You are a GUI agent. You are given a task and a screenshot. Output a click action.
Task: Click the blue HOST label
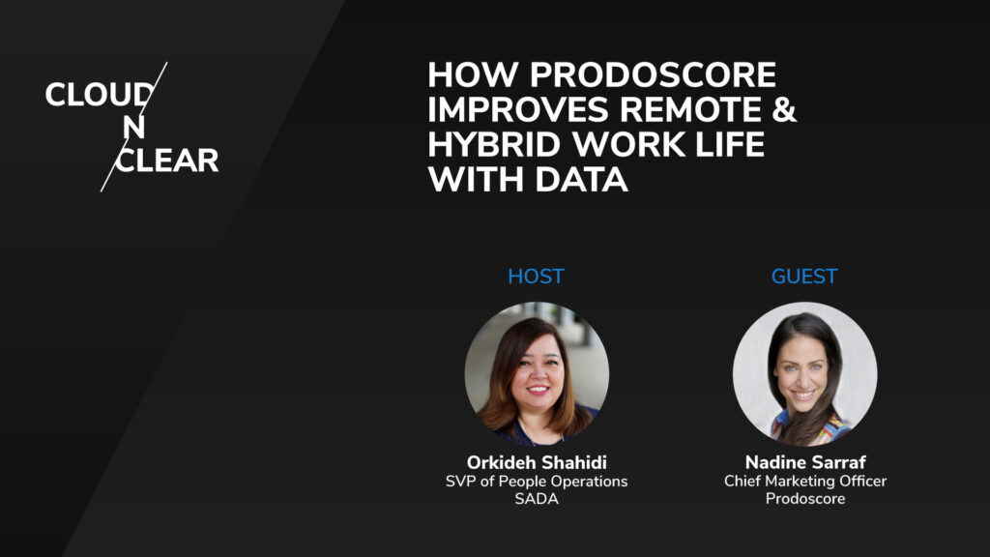click(x=536, y=277)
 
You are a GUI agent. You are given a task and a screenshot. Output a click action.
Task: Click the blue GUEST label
click(x=803, y=277)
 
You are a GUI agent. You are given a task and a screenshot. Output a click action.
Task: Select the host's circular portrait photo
click(x=537, y=373)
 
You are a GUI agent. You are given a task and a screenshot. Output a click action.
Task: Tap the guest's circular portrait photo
click(x=804, y=373)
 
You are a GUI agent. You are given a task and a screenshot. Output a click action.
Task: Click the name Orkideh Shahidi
click(x=536, y=462)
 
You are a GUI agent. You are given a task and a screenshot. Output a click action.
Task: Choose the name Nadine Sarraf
click(x=804, y=462)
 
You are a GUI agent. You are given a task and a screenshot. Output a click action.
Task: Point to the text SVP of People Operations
click(x=536, y=481)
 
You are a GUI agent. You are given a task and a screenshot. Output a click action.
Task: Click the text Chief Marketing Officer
click(x=804, y=481)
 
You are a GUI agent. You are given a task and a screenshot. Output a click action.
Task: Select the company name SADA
click(x=536, y=499)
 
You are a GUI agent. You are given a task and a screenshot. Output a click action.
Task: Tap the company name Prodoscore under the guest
click(x=804, y=499)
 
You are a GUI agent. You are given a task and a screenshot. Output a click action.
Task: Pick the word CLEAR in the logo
click(x=167, y=160)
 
